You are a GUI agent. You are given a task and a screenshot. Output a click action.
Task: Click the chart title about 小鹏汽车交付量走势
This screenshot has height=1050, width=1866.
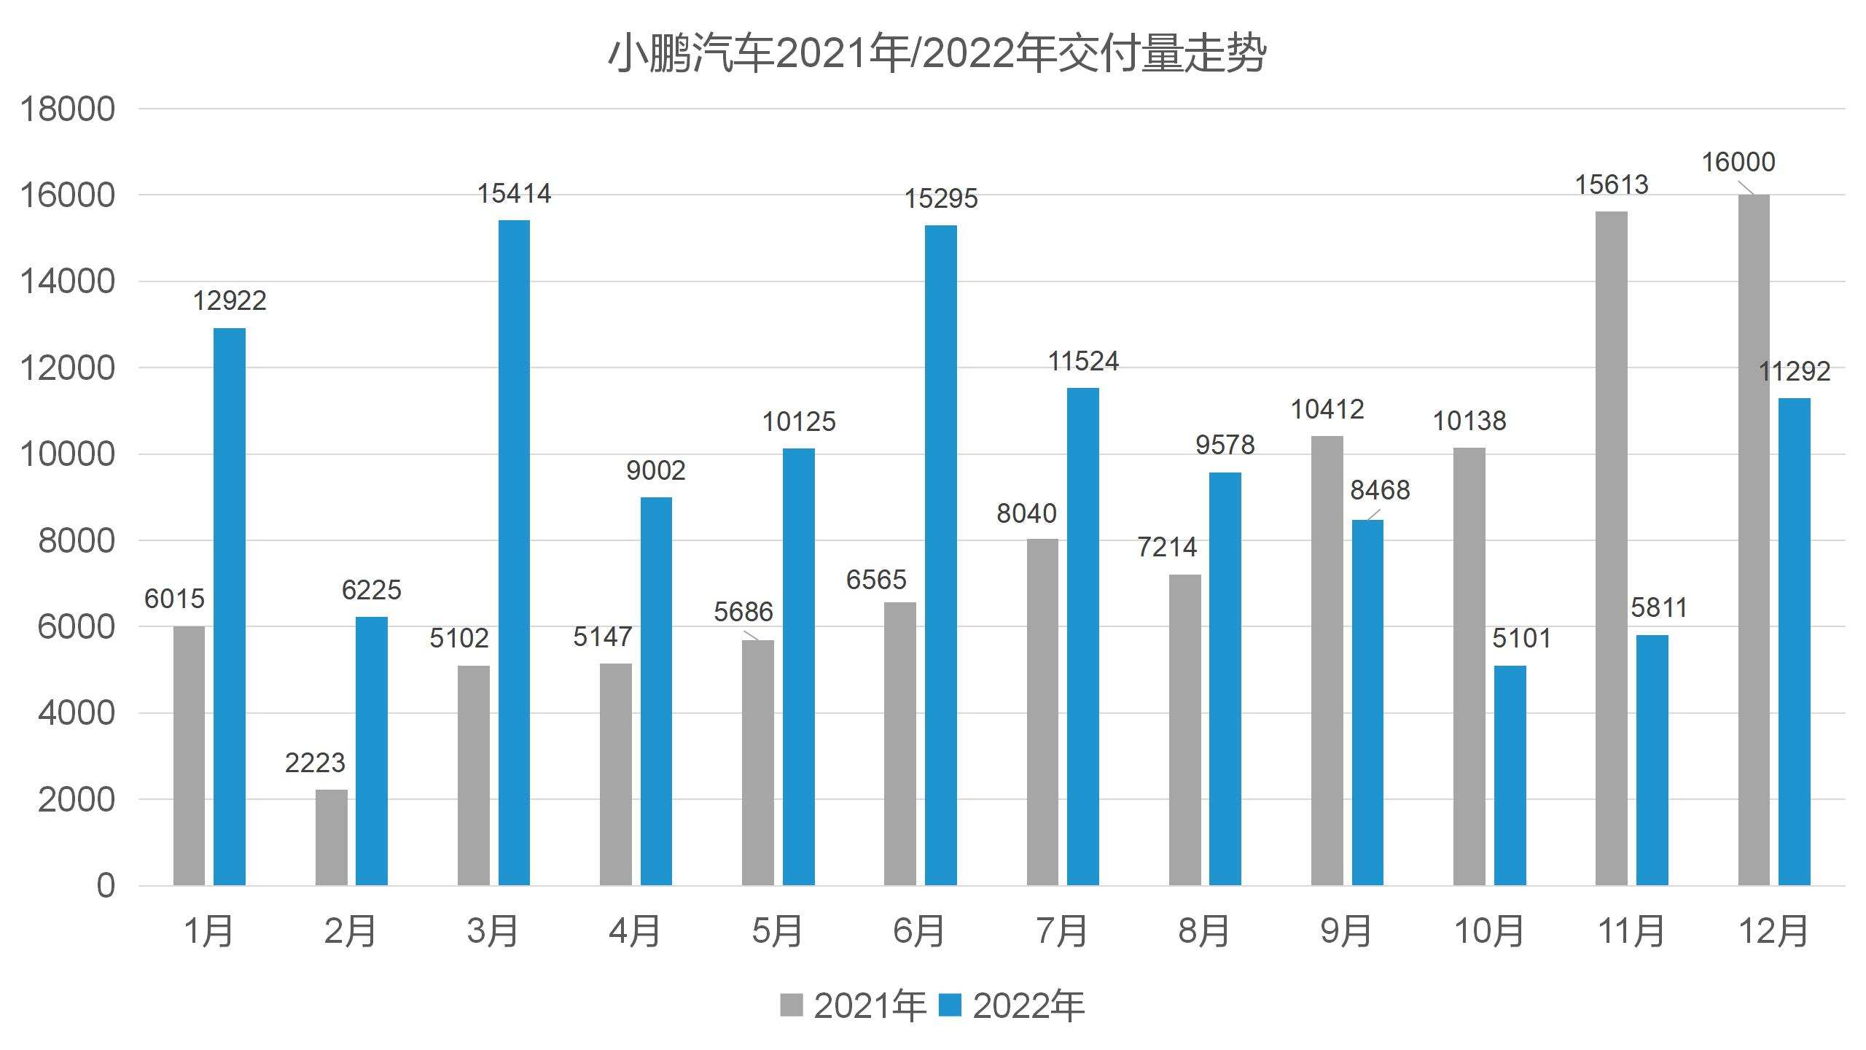pyautogui.click(x=937, y=54)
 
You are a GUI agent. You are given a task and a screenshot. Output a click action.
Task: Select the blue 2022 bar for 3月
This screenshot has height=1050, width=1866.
pyautogui.click(x=514, y=553)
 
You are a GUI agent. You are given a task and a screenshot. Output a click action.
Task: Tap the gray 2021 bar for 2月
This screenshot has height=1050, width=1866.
pyautogui.click(x=332, y=837)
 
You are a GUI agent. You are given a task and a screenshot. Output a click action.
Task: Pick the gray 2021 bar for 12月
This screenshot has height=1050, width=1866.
pyautogui.click(x=1753, y=540)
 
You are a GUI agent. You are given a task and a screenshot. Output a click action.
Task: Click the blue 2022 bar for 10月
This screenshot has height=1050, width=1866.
pyautogui.click(x=1510, y=775)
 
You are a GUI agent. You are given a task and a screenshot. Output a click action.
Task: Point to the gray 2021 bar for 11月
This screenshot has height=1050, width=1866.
pyautogui.click(x=1611, y=548)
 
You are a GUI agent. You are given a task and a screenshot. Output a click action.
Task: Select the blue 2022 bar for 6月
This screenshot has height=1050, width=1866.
pyautogui.click(x=940, y=555)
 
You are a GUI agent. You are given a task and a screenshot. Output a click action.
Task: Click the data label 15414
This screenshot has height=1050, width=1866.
pyautogui.click(x=514, y=194)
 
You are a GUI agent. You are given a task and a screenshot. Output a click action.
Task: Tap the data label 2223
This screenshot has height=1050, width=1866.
pyautogui.click(x=315, y=763)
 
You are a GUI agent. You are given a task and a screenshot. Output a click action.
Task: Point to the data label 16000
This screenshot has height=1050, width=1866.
pyautogui.click(x=1738, y=162)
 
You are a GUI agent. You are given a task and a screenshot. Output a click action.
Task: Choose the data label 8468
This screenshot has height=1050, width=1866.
pyautogui.click(x=1380, y=490)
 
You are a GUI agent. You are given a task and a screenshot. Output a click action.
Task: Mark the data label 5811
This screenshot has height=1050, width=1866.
pyautogui.click(x=1659, y=607)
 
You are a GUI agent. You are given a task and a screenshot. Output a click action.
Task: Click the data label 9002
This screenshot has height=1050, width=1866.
pyautogui.click(x=656, y=470)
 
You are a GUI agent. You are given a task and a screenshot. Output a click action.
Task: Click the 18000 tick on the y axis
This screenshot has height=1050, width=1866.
pyautogui.click(x=67, y=109)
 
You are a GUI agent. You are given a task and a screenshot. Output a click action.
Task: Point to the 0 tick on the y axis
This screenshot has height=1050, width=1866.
pyautogui.click(x=106, y=886)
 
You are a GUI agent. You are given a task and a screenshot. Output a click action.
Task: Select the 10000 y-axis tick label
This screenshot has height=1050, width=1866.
pyautogui.click(x=67, y=454)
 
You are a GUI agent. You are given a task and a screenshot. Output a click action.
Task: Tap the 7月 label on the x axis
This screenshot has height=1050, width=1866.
pyautogui.click(x=1061, y=931)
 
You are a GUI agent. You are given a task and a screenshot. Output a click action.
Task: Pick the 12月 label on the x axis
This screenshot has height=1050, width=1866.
pyautogui.click(x=1773, y=931)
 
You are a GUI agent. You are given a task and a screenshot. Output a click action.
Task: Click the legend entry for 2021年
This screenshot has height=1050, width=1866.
pyautogui.click(x=853, y=1006)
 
